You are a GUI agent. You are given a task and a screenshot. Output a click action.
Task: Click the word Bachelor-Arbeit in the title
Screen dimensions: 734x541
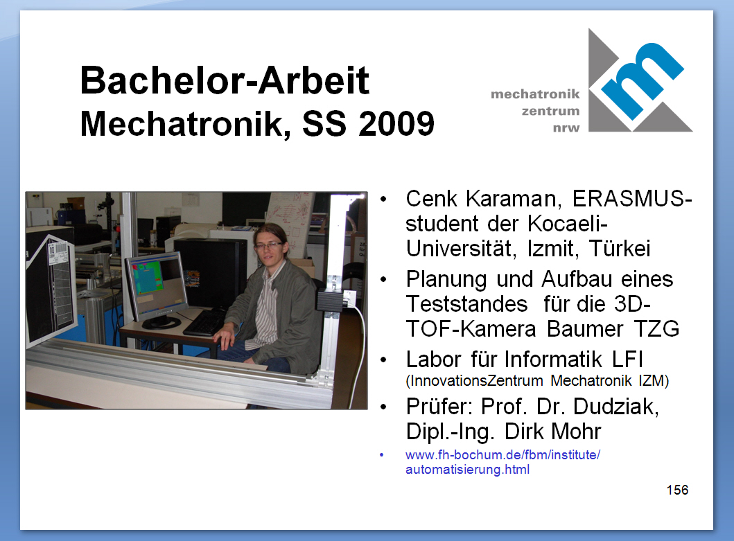click(x=225, y=80)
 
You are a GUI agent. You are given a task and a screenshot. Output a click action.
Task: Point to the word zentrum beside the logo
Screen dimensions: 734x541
click(x=550, y=112)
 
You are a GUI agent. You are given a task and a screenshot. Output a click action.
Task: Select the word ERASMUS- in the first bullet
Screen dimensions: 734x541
click(x=632, y=198)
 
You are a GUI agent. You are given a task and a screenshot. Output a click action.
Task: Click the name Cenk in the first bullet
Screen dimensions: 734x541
click(x=432, y=198)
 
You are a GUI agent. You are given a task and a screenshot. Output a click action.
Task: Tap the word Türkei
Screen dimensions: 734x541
click(x=620, y=248)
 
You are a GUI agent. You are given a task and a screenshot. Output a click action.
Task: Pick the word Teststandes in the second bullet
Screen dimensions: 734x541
click(x=466, y=303)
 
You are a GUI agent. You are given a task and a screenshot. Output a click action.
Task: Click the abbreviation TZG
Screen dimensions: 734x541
click(x=656, y=328)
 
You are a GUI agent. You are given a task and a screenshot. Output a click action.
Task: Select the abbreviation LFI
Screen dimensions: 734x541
click(x=627, y=360)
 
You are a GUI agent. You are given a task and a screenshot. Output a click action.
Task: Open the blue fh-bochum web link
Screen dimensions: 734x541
click(x=503, y=462)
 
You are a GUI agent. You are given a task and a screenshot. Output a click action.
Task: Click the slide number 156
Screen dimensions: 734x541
click(x=677, y=490)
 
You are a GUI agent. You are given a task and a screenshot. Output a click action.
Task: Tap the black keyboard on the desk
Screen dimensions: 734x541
click(x=206, y=322)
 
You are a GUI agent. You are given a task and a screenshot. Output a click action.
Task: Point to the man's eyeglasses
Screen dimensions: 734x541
click(x=268, y=245)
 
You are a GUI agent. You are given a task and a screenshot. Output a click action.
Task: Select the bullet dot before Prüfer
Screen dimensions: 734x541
click(x=384, y=407)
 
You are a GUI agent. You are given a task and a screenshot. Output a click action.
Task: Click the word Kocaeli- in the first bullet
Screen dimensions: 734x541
click(x=568, y=223)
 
